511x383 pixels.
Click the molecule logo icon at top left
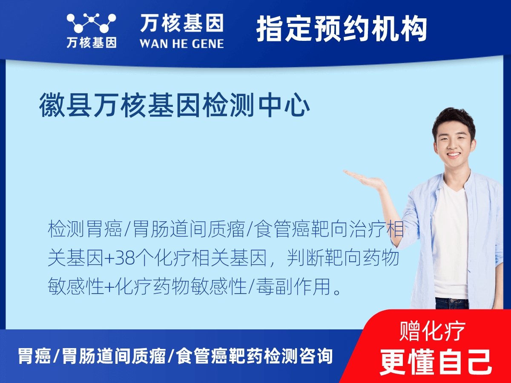coord(91,23)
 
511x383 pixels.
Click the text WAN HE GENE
coord(181,43)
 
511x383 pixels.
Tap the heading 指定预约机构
coord(342,29)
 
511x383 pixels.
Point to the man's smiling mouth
coord(453,155)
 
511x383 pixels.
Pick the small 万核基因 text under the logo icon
coord(91,43)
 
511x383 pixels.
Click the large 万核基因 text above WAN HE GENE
coord(181,23)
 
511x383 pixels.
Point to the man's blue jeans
coord(451,303)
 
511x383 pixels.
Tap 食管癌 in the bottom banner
coord(200,356)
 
